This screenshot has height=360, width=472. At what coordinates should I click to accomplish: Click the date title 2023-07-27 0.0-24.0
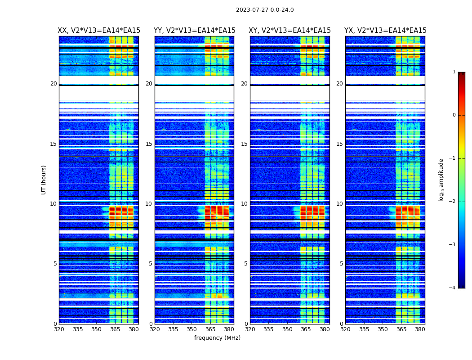click(265, 10)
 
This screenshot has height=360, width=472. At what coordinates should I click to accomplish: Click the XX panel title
click(99, 31)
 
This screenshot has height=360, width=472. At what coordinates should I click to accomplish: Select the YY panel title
click(194, 31)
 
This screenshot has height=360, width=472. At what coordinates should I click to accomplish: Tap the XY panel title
click(289, 31)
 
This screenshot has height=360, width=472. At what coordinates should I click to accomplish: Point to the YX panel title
click(385, 31)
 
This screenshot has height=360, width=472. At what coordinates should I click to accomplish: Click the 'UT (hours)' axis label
click(44, 180)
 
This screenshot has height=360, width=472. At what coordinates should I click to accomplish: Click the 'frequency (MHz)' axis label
click(217, 338)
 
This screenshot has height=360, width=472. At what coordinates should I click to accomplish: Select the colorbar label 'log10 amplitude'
click(441, 180)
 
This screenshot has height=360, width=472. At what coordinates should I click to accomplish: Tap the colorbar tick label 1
click(454, 72)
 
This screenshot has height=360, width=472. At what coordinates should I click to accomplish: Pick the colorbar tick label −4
click(453, 288)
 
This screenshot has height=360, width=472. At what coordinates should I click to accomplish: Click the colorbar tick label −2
click(453, 202)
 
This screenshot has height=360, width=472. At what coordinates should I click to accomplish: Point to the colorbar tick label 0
click(454, 115)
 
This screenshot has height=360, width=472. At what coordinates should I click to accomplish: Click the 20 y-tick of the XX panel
click(53, 84)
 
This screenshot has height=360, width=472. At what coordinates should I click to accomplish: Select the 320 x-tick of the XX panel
click(59, 329)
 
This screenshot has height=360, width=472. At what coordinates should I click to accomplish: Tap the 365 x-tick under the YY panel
click(210, 329)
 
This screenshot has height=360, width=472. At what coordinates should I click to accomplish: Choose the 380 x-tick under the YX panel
click(420, 329)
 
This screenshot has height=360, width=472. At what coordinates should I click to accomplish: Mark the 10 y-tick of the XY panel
click(244, 204)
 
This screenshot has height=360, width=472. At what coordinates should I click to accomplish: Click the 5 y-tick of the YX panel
click(342, 264)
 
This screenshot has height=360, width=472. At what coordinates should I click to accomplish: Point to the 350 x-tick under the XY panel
click(287, 329)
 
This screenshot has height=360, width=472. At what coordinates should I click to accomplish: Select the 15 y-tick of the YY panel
click(149, 144)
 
